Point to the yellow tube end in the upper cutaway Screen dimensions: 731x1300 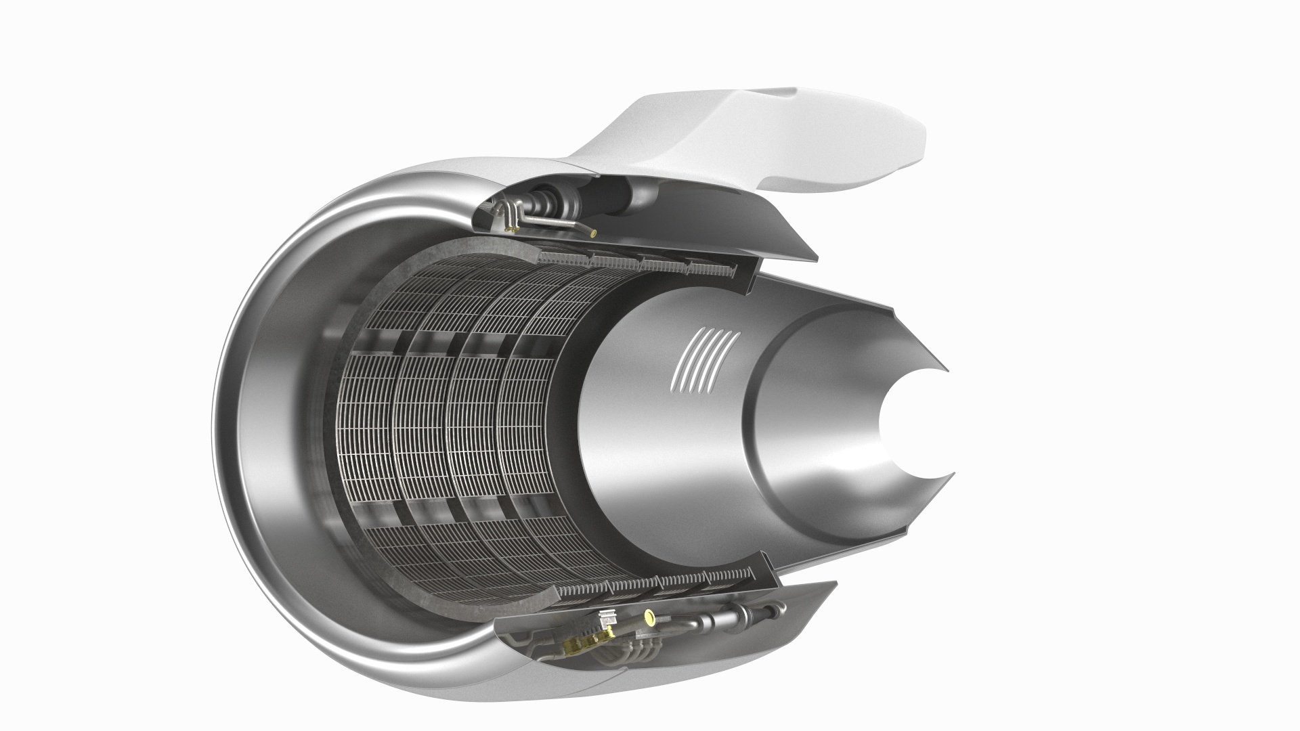pyautogui.click(x=594, y=234)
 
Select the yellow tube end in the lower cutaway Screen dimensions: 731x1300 pyautogui.click(x=651, y=617)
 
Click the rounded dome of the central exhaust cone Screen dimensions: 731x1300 pyautogui.click(x=812, y=420)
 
